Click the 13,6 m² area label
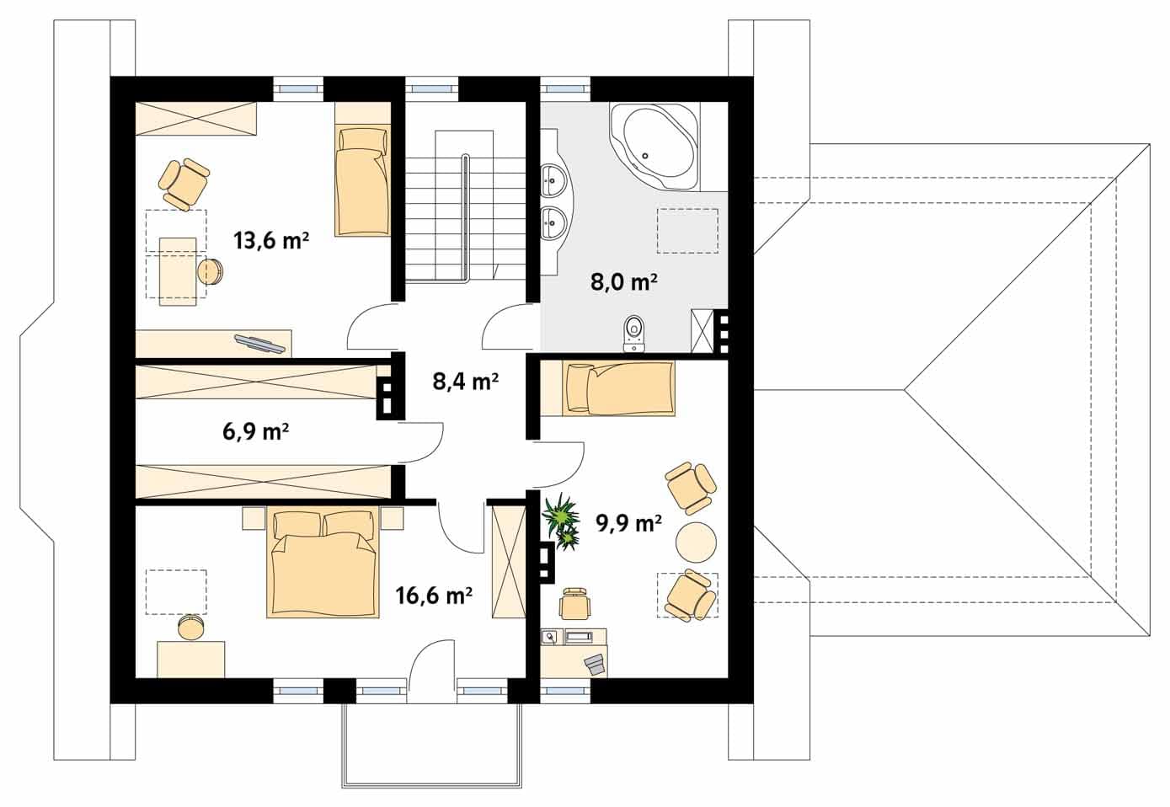coord(271,241)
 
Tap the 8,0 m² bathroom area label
coord(623,282)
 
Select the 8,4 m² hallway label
coord(465,382)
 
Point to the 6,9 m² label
coord(255,432)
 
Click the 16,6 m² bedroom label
coord(434,596)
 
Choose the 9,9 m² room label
coord(629,523)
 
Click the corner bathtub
coord(654,146)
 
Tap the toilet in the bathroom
coord(635,334)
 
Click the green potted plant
coord(560,521)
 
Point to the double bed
coord(323,564)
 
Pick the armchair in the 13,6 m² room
coord(184,185)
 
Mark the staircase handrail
coord(464,219)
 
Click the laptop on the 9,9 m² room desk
coord(595,665)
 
